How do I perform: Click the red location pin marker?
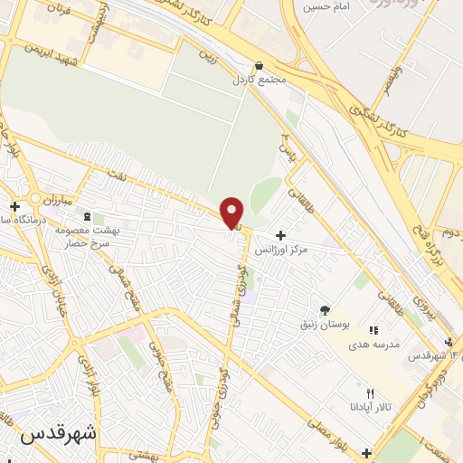pyautogui.click(x=232, y=213)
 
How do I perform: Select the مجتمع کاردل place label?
pyautogui.click(x=259, y=79)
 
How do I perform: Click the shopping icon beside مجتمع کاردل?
pyautogui.click(x=260, y=65)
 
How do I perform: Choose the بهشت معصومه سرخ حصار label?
pyautogui.click(x=88, y=236)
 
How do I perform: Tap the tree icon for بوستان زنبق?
pyautogui.click(x=326, y=310)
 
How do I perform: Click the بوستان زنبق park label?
pyautogui.click(x=326, y=324)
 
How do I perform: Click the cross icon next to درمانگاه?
pyautogui.click(x=14, y=206)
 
